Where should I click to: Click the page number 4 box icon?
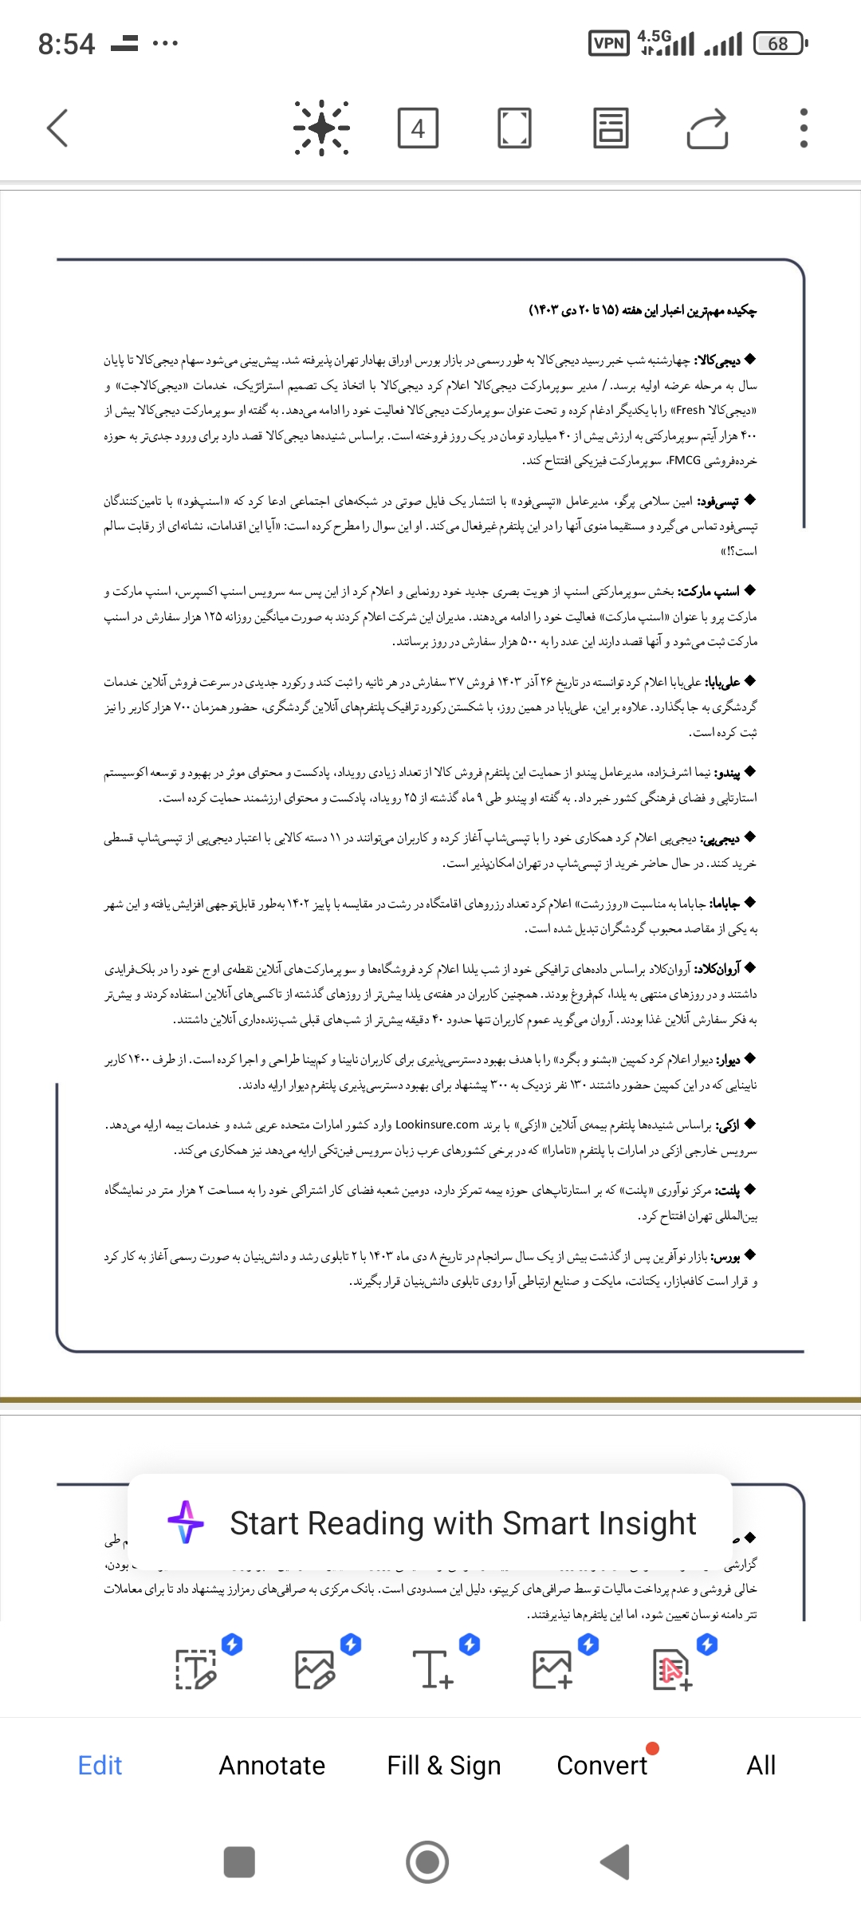click(418, 128)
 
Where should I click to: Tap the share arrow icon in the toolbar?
click(708, 128)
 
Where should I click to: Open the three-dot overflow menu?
click(804, 128)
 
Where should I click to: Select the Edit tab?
click(100, 1766)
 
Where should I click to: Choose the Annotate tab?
click(272, 1766)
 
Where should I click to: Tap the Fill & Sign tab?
click(444, 1766)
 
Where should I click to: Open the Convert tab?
click(602, 1766)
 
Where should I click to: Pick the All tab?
click(761, 1766)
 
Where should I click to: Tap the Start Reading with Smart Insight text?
click(462, 1523)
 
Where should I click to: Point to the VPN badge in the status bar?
click(609, 43)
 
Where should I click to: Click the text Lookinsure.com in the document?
click(437, 1124)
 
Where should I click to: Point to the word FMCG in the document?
click(685, 460)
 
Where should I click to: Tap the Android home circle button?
click(427, 1862)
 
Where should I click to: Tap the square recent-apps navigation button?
click(239, 1862)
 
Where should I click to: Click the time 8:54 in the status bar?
click(66, 44)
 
